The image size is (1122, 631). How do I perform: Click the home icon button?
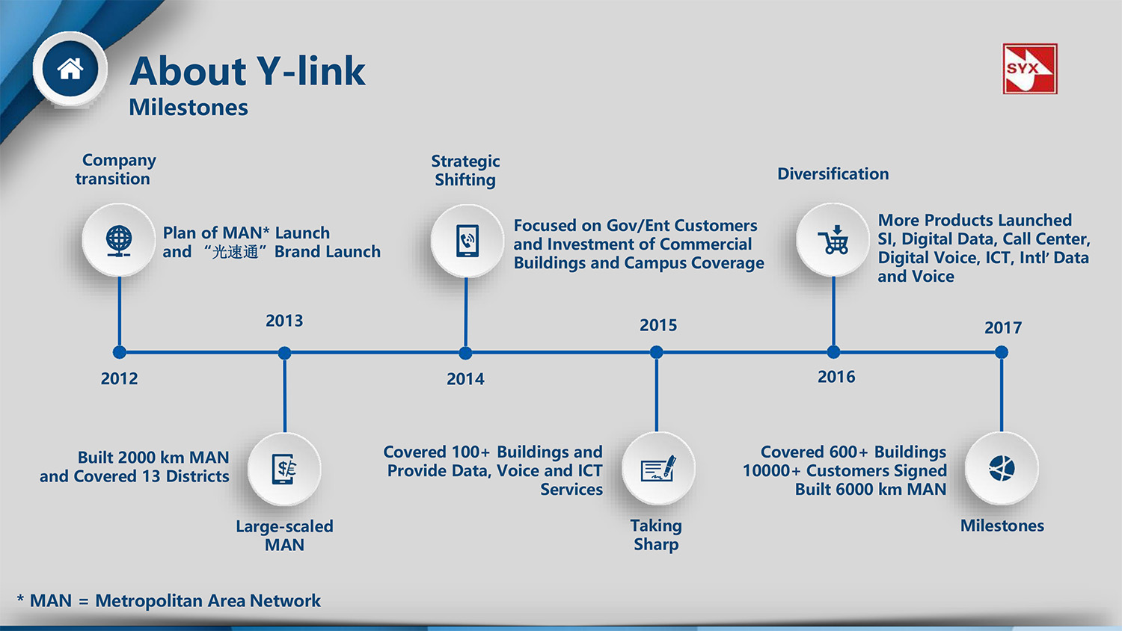point(70,69)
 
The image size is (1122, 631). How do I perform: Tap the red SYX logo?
point(1029,69)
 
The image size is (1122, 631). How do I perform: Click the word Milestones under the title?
point(188,108)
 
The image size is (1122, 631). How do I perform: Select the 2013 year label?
point(284,321)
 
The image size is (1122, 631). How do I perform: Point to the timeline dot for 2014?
point(465,353)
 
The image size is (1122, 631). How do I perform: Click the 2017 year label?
point(1002,327)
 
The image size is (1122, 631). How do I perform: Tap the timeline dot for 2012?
point(120,352)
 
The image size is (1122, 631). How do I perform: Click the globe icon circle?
point(119,241)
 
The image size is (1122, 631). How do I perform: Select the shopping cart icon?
point(833,240)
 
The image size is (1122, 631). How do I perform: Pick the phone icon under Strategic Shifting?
point(467,241)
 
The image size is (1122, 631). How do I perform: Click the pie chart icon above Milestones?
point(1002,469)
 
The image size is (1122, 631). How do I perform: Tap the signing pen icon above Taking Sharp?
point(657,469)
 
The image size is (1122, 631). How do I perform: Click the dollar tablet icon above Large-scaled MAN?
point(284,470)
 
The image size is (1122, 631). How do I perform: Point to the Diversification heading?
point(833,174)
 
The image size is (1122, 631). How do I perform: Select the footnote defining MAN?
point(169,601)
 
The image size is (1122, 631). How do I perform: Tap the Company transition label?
point(116,169)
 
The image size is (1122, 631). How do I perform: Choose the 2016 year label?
point(836,377)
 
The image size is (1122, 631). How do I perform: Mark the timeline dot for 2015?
point(656,352)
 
